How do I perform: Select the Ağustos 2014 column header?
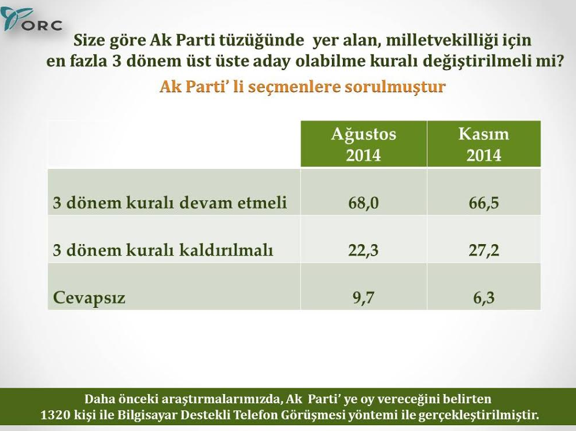pos(363,144)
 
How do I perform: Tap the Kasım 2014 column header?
pos(483,144)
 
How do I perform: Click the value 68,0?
pos(363,203)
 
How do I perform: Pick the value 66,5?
pos(483,203)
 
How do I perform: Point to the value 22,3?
pos(363,251)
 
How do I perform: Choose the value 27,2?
pos(483,251)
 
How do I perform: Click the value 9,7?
pos(363,298)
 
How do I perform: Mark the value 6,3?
pos(483,298)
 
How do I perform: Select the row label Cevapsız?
pos(89,298)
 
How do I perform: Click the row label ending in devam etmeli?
pos(169,203)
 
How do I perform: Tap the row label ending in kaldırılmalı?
pos(163,251)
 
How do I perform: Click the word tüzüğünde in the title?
pos(263,41)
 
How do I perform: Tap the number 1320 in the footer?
pos(55,415)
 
